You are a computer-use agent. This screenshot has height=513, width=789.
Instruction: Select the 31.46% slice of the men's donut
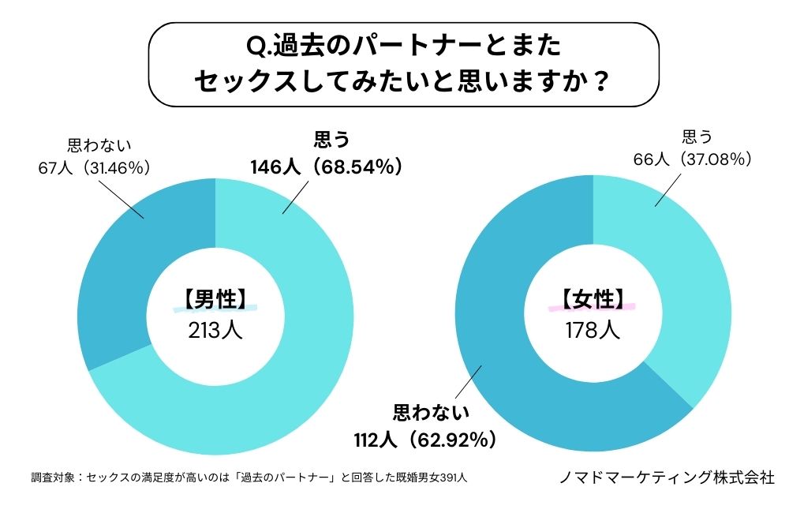(126, 260)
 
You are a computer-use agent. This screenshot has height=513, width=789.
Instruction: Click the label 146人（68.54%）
(327, 167)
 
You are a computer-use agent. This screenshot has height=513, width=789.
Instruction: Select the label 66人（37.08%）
(692, 159)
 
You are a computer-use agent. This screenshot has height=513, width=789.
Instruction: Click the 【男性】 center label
(215, 298)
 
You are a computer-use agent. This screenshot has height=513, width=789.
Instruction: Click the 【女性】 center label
(593, 298)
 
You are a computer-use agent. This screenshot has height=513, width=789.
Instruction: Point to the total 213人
(215, 329)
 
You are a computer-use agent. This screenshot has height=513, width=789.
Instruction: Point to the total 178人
(593, 329)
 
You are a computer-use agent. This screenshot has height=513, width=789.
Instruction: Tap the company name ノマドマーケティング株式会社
(666, 477)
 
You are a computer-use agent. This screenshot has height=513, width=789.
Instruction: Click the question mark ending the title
(600, 81)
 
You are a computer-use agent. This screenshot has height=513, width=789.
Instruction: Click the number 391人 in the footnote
(458, 477)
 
